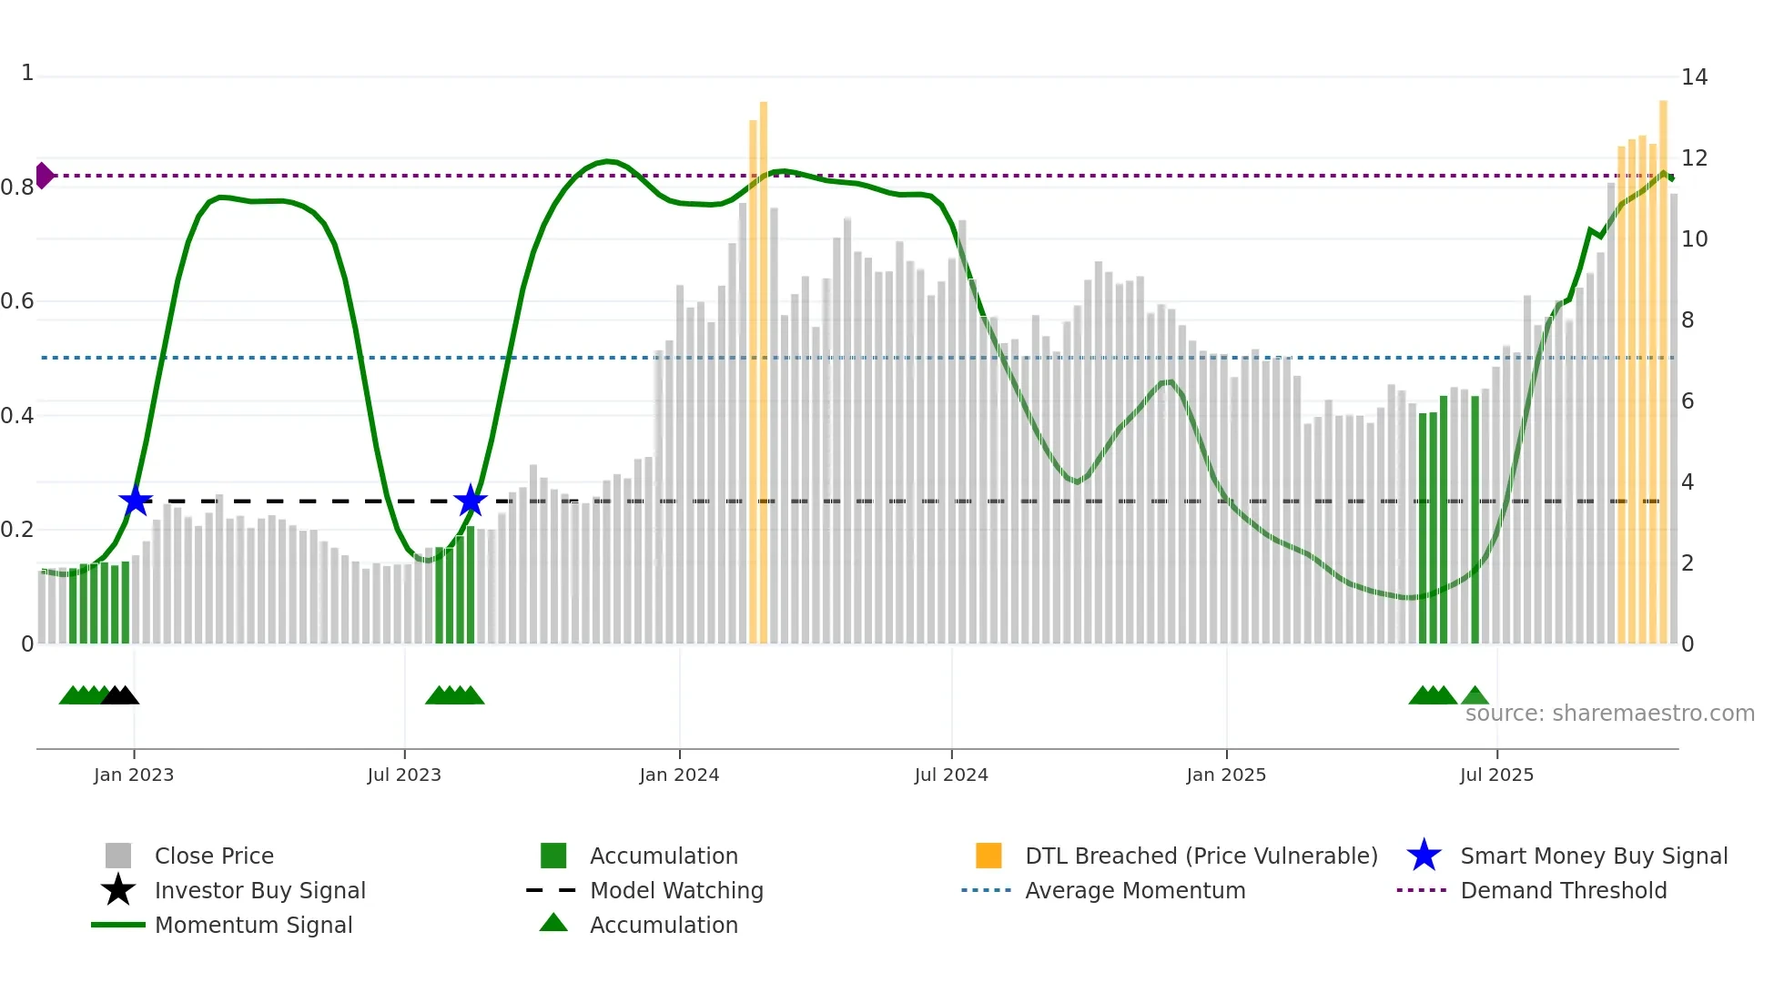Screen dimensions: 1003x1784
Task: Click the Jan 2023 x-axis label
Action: pyautogui.click(x=134, y=775)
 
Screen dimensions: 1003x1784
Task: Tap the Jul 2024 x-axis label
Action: pyautogui.click(x=951, y=775)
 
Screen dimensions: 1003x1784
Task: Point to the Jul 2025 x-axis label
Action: pyautogui.click(x=1496, y=775)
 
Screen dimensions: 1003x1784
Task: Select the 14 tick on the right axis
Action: pyautogui.click(x=1694, y=77)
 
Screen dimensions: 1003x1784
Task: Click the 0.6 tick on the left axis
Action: pyautogui.click(x=17, y=301)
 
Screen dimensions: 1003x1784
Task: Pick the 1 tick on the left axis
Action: pyautogui.click(x=27, y=73)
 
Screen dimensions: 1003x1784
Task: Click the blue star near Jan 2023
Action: pyautogui.click(x=136, y=501)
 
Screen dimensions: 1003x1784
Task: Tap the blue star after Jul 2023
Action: pyautogui.click(x=471, y=501)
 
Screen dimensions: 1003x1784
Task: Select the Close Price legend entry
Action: pyautogui.click(x=214, y=856)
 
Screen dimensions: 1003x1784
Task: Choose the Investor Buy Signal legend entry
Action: pyautogui.click(x=259, y=890)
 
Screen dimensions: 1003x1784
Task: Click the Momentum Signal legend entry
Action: pyautogui.click(x=253, y=925)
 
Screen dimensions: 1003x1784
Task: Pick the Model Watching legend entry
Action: pyautogui.click(x=676, y=890)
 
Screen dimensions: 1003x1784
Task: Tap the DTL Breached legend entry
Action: pyautogui.click(x=1201, y=856)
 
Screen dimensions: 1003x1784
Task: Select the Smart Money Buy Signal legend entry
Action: pyautogui.click(x=1593, y=856)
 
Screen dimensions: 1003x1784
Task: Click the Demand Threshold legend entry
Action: pyautogui.click(x=1563, y=890)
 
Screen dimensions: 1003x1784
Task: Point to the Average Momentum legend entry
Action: pyautogui.click(x=1134, y=890)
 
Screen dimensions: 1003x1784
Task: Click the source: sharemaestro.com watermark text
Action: pyautogui.click(x=1609, y=714)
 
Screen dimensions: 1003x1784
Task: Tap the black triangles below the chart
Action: pyautogui.click(x=120, y=695)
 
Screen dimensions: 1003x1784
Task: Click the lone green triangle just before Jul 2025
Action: pyautogui.click(x=1475, y=695)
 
